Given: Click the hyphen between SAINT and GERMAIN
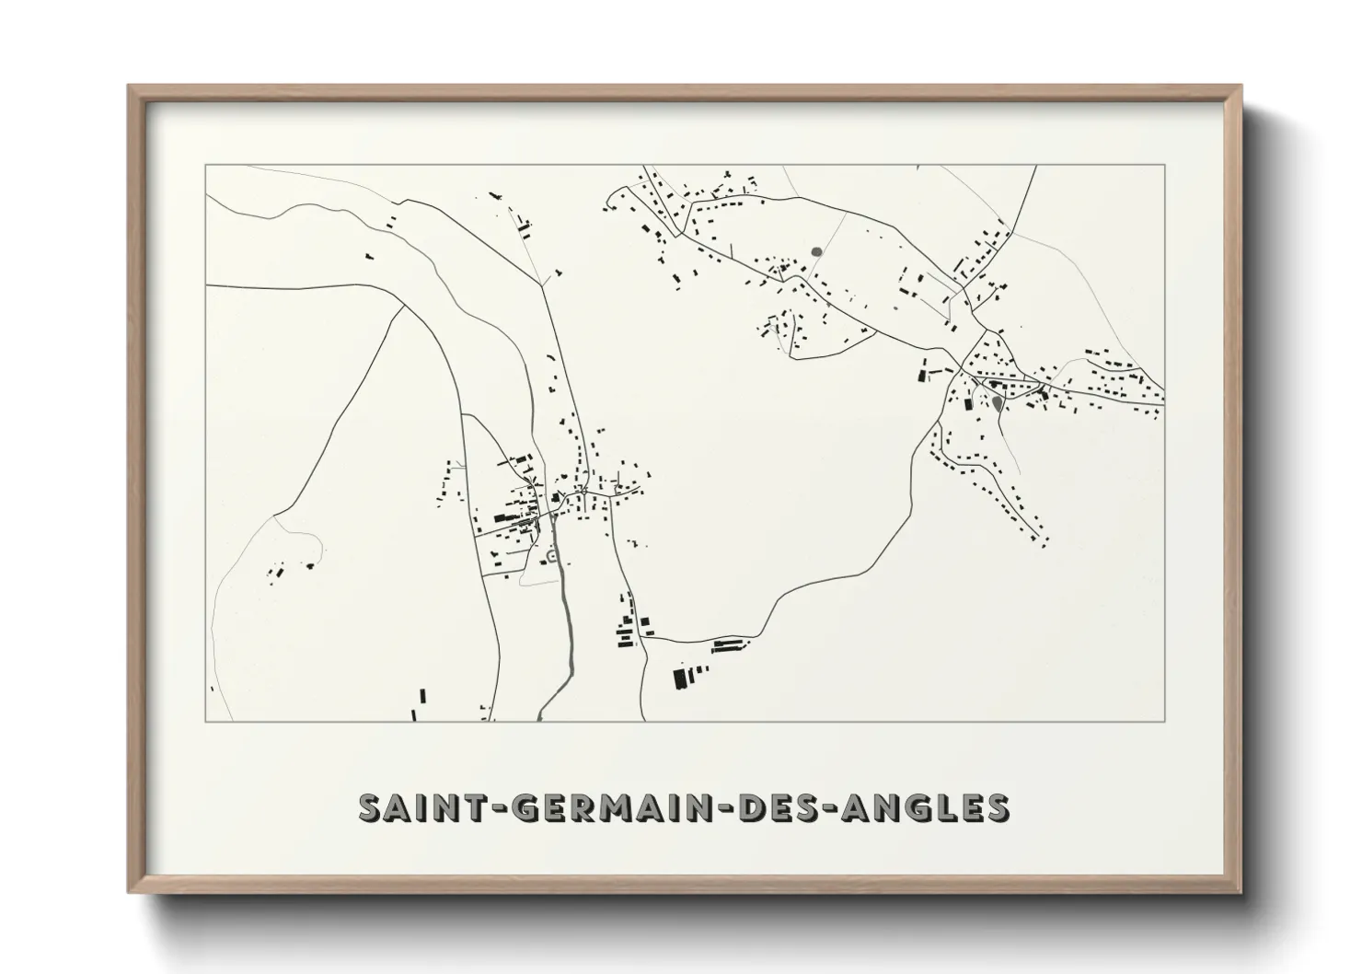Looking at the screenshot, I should [x=498, y=809].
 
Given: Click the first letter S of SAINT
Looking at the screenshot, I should [x=370, y=807].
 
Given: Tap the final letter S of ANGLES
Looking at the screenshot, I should [x=996, y=807].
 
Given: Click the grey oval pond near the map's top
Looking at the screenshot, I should [x=816, y=249].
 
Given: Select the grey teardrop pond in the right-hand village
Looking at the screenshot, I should [x=998, y=402].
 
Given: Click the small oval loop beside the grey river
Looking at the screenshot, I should [x=551, y=555].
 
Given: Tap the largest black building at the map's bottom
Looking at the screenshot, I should [x=681, y=678].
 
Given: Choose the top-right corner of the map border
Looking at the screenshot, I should [x=1164, y=166].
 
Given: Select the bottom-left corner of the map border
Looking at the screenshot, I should [x=206, y=721].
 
